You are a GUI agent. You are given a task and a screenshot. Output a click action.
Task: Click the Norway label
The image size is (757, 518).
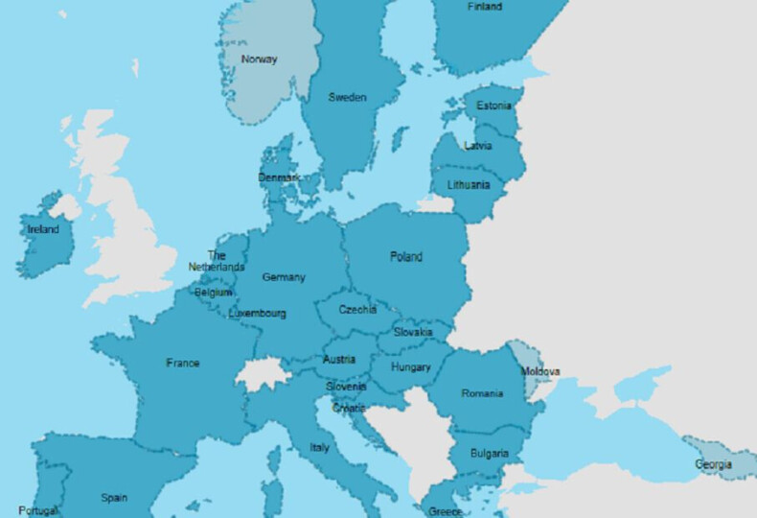[259, 59]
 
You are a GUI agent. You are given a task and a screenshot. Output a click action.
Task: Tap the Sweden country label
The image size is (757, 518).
[347, 97]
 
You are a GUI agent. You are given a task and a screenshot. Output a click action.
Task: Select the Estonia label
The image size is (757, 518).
[493, 106]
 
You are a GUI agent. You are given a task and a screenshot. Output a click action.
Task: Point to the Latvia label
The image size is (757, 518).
[477, 146]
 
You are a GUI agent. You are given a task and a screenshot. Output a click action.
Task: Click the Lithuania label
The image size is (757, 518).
[469, 185]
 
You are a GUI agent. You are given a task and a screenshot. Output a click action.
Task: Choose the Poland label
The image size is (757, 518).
[406, 256]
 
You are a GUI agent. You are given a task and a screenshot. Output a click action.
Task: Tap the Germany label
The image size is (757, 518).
[284, 277]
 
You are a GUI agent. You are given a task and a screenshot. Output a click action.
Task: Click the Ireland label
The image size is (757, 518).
[43, 230]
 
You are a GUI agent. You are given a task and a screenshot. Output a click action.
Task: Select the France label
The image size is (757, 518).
[183, 364]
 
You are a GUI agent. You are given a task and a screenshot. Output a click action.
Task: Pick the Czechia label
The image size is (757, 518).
[356, 310]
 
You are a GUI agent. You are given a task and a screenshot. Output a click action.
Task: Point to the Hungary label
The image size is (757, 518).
[411, 367]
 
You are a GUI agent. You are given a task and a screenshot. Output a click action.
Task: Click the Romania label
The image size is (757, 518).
[481, 394]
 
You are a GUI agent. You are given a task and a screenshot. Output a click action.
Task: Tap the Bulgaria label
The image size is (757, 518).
[490, 453]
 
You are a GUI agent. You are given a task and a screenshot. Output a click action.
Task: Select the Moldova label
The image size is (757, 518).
[541, 372]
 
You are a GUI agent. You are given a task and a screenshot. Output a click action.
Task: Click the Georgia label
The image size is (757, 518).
[714, 465]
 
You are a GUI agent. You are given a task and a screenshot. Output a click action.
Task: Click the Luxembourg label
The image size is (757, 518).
[257, 313]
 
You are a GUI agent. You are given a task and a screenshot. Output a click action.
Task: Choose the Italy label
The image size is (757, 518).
[319, 448]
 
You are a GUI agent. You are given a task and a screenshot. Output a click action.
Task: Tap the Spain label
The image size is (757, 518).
[114, 498]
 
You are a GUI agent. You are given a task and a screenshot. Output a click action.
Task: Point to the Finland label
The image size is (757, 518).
[484, 7]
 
